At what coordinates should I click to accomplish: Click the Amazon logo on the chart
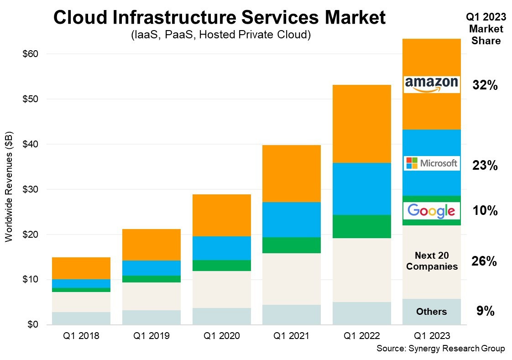click(431, 84)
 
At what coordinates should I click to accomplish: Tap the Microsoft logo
click(431, 163)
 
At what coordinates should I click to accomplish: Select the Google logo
click(431, 210)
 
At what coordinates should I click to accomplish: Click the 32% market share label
click(485, 85)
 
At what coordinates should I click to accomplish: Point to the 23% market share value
click(485, 166)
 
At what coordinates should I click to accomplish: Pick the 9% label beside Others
click(485, 311)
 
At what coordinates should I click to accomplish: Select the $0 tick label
click(32, 324)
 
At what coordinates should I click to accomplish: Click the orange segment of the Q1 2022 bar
click(361, 123)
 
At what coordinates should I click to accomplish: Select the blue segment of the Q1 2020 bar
click(221, 248)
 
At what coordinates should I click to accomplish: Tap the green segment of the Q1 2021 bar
click(291, 245)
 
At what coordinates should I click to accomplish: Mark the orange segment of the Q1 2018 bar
click(81, 268)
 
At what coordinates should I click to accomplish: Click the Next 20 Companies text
click(431, 261)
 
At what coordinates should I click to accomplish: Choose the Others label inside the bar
click(431, 312)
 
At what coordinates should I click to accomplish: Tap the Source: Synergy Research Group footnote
click(440, 349)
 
